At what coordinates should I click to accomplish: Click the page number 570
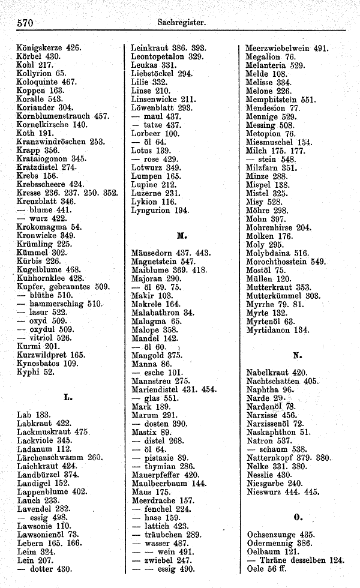24,23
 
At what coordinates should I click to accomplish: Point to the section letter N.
296,354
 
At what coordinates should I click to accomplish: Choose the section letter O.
296,515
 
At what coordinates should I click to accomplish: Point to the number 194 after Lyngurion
182,210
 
